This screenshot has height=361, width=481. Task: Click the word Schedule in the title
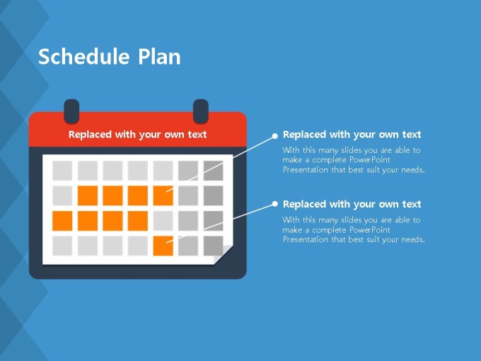pyautogui.click(x=83, y=57)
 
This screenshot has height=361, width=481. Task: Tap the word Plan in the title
pyautogui.click(x=159, y=57)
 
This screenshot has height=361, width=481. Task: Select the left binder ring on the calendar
pyautogui.click(x=71, y=111)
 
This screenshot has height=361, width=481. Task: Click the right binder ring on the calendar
pyautogui.click(x=201, y=111)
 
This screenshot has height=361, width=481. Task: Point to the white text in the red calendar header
pyautogui.click(x=137, y=134)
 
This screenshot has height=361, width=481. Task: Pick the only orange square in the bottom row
pyautogui.click(x=163, y=246)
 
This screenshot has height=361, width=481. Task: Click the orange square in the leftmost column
pyautogui.click(x=62, y=221)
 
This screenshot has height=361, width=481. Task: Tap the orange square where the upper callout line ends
pyautogui.click(x=163, y=195)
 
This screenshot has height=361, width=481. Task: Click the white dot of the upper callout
pyautogui.click(x=275, y=136)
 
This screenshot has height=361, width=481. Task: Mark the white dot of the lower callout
pyautogui.click(x=275, y=204)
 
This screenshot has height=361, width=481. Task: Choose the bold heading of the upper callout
pyautogui.click(x=352, y=134)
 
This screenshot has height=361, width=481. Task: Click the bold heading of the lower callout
pyautogui.click(x=352, y=204)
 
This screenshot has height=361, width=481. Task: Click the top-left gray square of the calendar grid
pyautogui.click(x=62, y=171)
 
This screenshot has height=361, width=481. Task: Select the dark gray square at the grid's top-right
pyautogui.click(x=213, y=171)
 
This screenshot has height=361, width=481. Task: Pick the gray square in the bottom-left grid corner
pyautogui.click(x=62, y=246)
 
